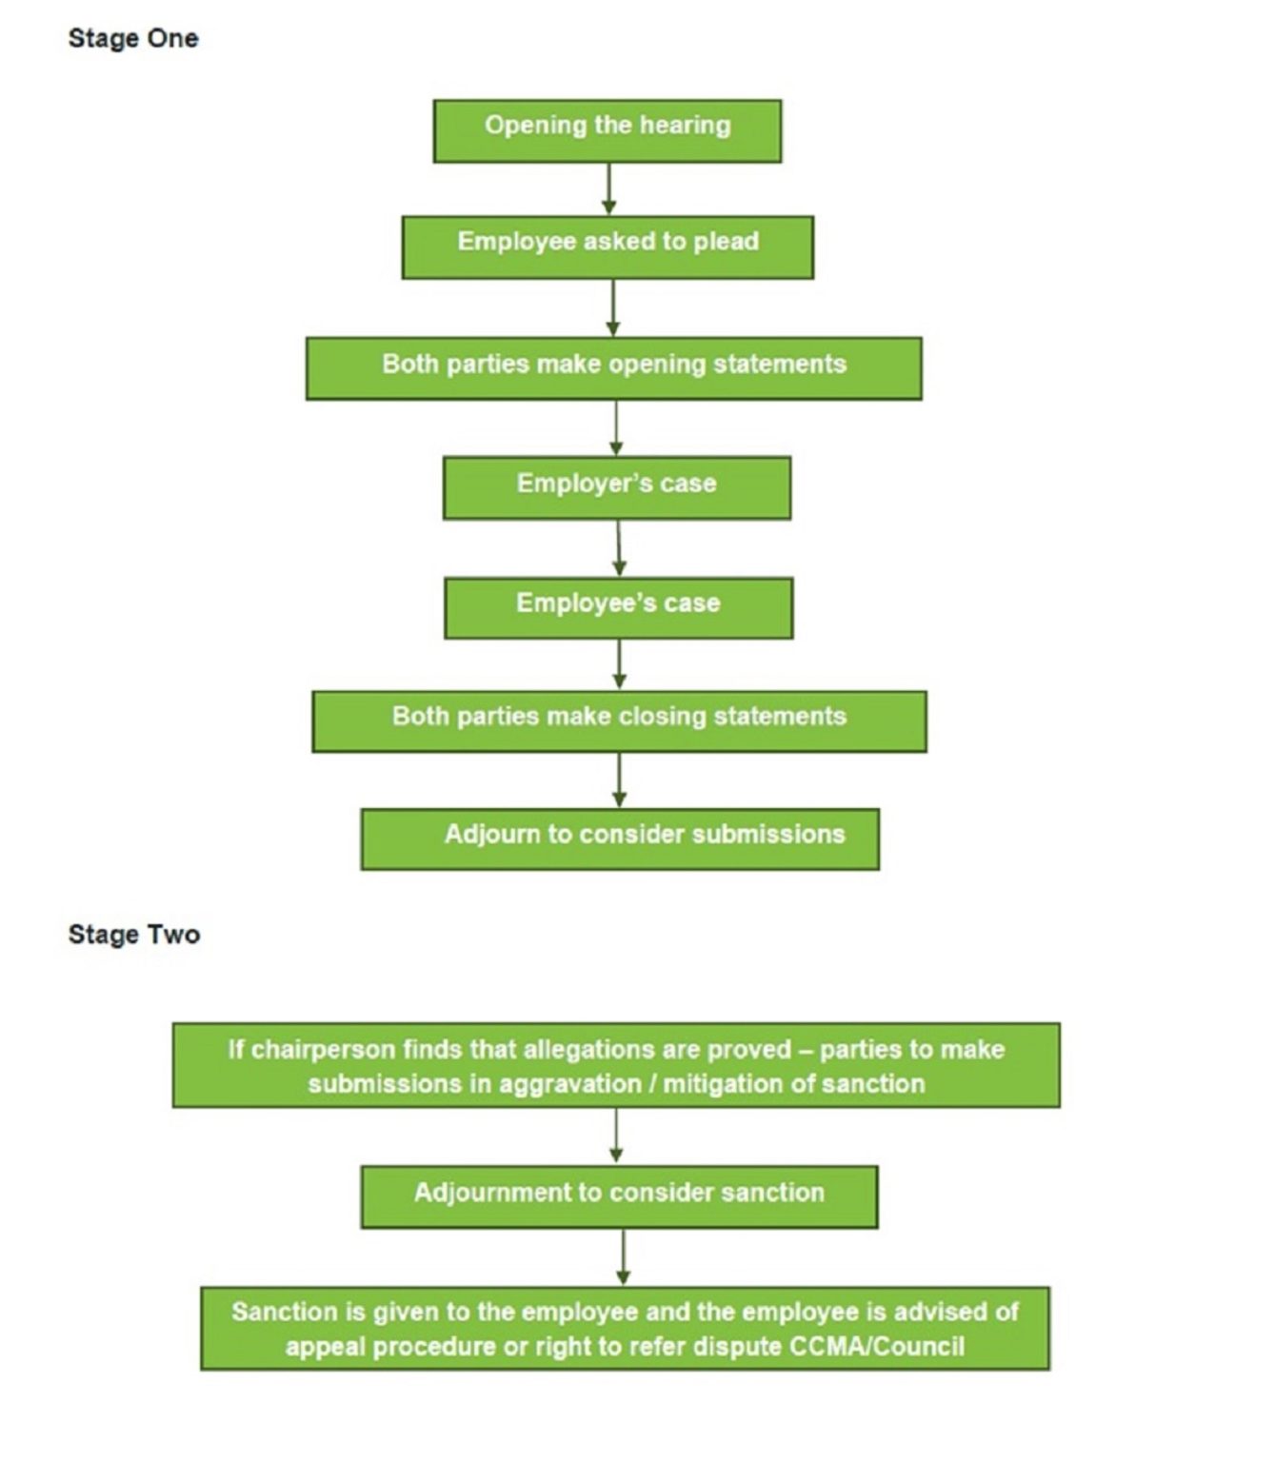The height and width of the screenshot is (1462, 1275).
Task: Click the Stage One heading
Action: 133,38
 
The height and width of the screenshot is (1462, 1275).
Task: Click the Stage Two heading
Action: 134,934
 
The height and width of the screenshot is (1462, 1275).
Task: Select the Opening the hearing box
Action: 608,130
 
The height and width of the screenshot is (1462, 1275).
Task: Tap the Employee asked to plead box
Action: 608,247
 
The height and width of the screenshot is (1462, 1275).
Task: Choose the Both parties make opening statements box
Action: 613,367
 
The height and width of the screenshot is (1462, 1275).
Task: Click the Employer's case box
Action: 616,487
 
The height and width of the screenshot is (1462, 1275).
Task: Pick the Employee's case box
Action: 618,607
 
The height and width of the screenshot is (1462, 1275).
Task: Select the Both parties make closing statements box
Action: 619,721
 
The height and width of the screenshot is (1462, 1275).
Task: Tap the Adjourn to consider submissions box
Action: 620,839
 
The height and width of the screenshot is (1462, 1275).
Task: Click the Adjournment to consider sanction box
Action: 619,1196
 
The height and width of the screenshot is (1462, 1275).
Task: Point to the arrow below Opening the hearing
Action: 608,188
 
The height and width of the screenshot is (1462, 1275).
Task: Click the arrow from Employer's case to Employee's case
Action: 619,547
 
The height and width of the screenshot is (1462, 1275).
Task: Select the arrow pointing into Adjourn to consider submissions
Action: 620,780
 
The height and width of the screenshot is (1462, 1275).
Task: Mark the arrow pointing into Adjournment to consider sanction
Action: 616,1136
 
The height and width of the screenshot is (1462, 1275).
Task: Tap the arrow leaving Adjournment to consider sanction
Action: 624,1256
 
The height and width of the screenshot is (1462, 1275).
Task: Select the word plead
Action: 726,241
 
